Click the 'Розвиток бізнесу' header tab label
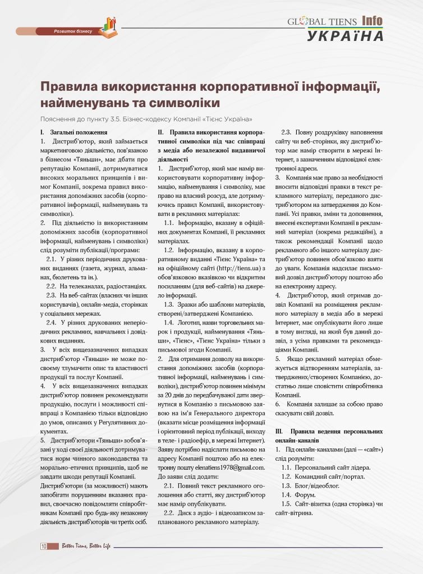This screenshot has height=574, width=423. point(72,31)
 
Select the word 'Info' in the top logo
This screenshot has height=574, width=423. point(371,21)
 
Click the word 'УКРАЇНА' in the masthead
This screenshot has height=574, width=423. point(345,36)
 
